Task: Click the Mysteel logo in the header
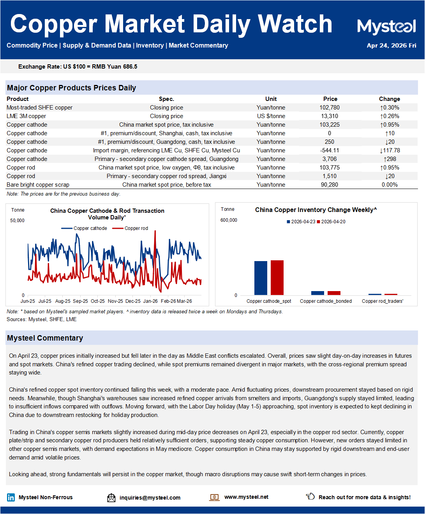(x=386, y=26)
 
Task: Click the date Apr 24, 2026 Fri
(x=391, y=46)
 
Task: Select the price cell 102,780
(x=330, y=108)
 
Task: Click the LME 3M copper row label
(x=26, y=116)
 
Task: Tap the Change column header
(x=389, y=99)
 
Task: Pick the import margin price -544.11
(x=330, y=150)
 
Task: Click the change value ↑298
(x=390, y=159)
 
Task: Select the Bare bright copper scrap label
(x=38, y=185)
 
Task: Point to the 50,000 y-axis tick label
(x=17, y=221)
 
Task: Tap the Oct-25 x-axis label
(x=97, y=301)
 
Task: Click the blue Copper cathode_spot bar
(x=261, y=278)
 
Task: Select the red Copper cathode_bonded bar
(x=334, y=293)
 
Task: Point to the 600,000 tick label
(x=229, y=220)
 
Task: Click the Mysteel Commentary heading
(x=45, y=338)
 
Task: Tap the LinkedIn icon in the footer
(x=11, y=497)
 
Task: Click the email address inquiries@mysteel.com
(x=150, y=498)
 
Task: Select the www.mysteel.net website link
(x=246, y=497)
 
